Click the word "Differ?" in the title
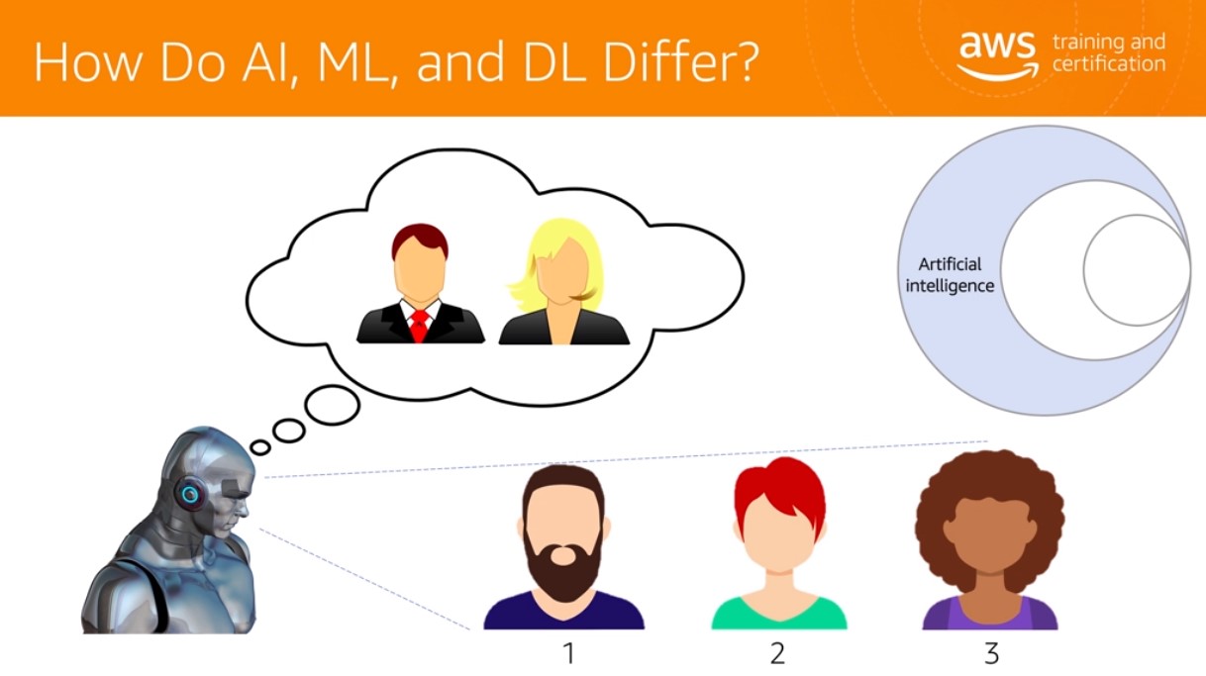click(680, 61)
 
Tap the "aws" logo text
click(997, 46)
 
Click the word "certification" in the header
click(1109, 63)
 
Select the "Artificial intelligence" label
click(950, 275)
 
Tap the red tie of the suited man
click(420, 326)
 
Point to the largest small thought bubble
click(332, 405)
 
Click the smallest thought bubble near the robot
click(260, 447)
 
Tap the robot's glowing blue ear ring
click(189, 494)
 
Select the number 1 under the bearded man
click(569, 653)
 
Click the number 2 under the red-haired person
click(777, 653)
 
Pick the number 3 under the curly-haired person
click(991, 653)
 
